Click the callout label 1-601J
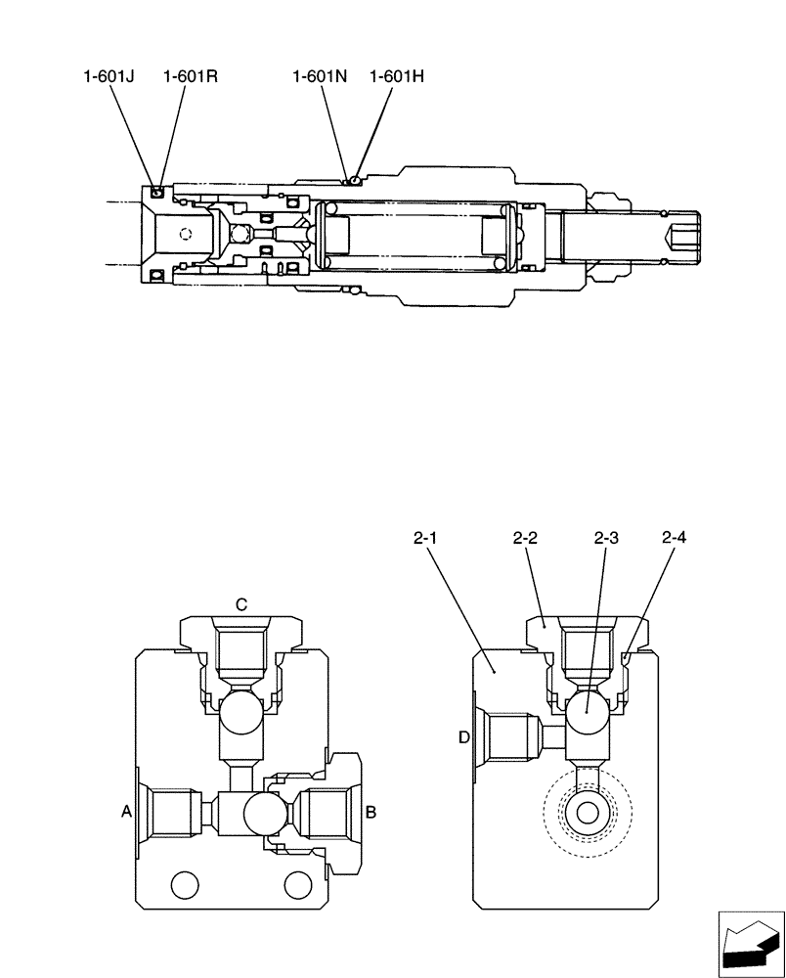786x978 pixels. point(109,75)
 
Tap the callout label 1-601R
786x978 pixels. point(190,75)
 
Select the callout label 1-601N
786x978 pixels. point(320,75)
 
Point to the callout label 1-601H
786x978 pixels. point(397,75)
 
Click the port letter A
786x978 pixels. point(125,810)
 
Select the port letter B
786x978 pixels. point(371,811)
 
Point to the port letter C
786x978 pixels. point(240,604)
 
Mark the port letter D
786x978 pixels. point(464,735)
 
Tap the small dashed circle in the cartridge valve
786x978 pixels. point(185,235)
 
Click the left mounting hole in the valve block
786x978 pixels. point(183,885)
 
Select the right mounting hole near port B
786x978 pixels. point(296,885)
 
